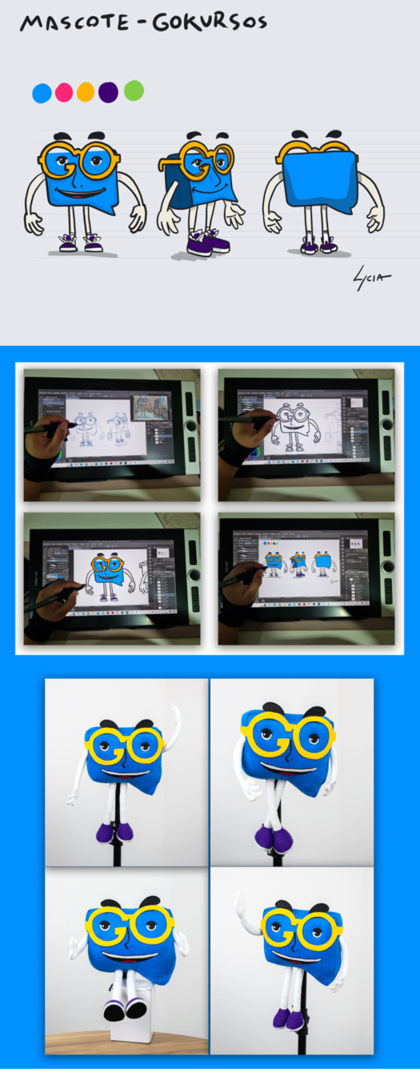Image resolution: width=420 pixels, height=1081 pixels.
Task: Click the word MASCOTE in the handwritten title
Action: point(74,22)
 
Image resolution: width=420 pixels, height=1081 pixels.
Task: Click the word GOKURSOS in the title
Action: point(210,22)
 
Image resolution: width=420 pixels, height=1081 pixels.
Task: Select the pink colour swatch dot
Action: point(64,92)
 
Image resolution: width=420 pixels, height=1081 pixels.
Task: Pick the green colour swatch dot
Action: point(134,90)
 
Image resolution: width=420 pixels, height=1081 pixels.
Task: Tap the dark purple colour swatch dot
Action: point(108,92)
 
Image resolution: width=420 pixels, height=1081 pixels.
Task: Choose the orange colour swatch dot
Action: point(86,92)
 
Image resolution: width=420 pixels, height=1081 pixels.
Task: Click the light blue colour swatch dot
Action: point(42,93)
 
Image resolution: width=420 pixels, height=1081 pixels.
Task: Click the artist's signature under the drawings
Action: point(371,279)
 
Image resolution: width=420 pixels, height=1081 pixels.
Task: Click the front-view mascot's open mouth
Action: point(81,194)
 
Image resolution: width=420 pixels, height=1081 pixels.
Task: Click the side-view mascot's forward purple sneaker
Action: point(198,247)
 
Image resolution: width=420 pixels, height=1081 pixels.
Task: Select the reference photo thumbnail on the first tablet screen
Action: point(150,406)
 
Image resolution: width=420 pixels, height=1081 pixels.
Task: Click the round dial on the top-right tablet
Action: point(387,424)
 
